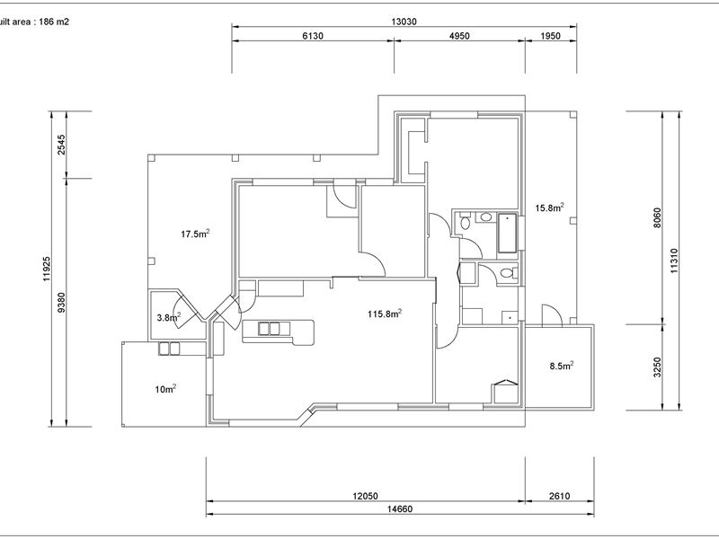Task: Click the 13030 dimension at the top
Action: [404, 21]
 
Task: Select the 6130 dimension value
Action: [313, 36]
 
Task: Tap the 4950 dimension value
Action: [459, 36]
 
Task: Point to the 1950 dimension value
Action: [550, 36]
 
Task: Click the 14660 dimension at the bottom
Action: [400, 508]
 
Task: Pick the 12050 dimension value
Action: [365, 496]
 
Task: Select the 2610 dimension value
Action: [559, 496]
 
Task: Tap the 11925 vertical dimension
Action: [47, 269]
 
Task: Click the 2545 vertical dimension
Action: [61, 145]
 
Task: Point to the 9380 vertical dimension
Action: [61, 303]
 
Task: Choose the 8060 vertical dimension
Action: [658, 218]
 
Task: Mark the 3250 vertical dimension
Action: [658, 367]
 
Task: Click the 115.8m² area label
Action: [385, 314]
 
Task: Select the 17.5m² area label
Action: [195, 234]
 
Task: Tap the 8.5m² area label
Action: [562, 366]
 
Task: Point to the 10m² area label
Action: [165, 389]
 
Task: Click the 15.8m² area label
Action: [549, 208]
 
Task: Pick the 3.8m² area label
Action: [169, 317]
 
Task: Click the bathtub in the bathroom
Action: [507, 234]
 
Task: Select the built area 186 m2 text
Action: [34, 22]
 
